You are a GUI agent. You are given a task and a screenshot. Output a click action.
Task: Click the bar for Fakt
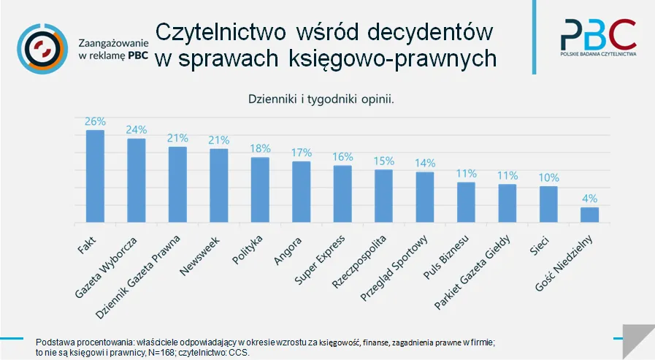point(95,177)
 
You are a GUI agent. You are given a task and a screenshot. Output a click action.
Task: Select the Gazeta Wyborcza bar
point(137,180)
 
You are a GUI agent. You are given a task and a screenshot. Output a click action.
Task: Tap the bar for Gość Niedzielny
point(589,215)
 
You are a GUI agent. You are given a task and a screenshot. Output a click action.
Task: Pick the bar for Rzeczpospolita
point(383,196)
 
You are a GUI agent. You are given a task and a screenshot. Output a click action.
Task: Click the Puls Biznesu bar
point(466,202)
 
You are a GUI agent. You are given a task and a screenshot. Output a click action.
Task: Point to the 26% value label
point(95,121)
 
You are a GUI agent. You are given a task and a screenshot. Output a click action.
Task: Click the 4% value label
point(589,198)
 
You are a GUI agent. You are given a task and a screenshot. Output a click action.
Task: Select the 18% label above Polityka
point(260,148)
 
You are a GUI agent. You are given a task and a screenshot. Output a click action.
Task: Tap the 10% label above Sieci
point(548,177)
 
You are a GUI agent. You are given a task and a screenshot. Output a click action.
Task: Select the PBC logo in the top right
point(598,37)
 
